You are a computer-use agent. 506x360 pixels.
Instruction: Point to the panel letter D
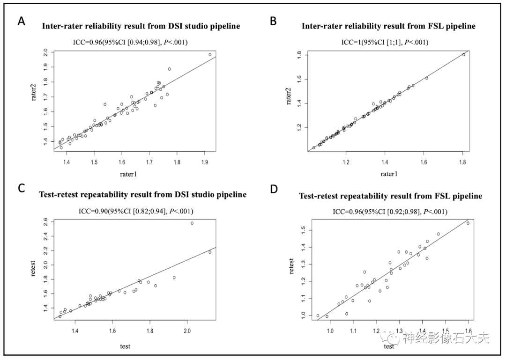[x=274, y=190]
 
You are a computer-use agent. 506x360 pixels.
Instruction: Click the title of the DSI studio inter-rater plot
[x=141, y=26]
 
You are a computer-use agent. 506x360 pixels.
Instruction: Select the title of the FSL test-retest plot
[x=390, y=196]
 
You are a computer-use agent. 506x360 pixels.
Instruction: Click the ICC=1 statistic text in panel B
[x=385, y=43]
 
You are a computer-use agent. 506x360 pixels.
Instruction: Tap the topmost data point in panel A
[x=210, y=55]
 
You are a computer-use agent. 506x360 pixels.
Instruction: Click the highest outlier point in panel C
[x=192, y=223]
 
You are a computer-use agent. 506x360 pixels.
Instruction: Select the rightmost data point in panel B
[x=464, y=54]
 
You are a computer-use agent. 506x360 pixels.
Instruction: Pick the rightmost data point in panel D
[x=468, y=223]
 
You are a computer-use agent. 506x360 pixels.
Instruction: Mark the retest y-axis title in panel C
[x=34, y=266]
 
